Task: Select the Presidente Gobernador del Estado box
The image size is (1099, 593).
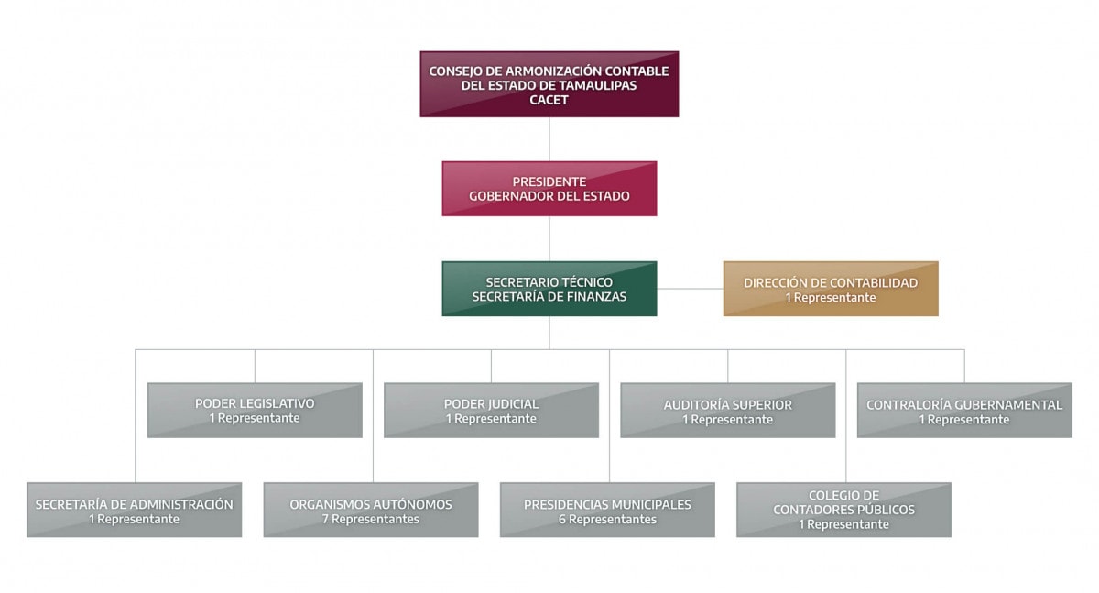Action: point(549,189)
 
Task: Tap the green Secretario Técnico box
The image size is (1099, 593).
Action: point(549,289)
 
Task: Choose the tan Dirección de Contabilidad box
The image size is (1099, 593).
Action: point(830,289)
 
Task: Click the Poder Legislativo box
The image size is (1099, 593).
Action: point(255,411)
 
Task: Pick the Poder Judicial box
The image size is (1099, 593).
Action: point(491,411)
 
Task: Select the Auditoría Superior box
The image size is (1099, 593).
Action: point(727,411)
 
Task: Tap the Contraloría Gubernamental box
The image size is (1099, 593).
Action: point(964,411)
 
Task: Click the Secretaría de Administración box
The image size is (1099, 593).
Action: point(134,511)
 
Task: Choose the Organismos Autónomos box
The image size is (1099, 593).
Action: point(370,511)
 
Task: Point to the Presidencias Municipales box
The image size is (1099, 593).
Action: point(607,511)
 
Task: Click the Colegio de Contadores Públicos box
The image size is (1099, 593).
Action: point(843,510)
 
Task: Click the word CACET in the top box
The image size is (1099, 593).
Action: point(549,100)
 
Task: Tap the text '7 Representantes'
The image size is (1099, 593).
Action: point(370,520)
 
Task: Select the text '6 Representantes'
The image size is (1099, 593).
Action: point(607,520)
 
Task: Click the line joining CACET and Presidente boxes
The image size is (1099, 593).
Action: point(549,139)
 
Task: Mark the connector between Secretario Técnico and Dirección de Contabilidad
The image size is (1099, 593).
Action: point(690,289)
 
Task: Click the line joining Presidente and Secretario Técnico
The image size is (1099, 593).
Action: point(549,238)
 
